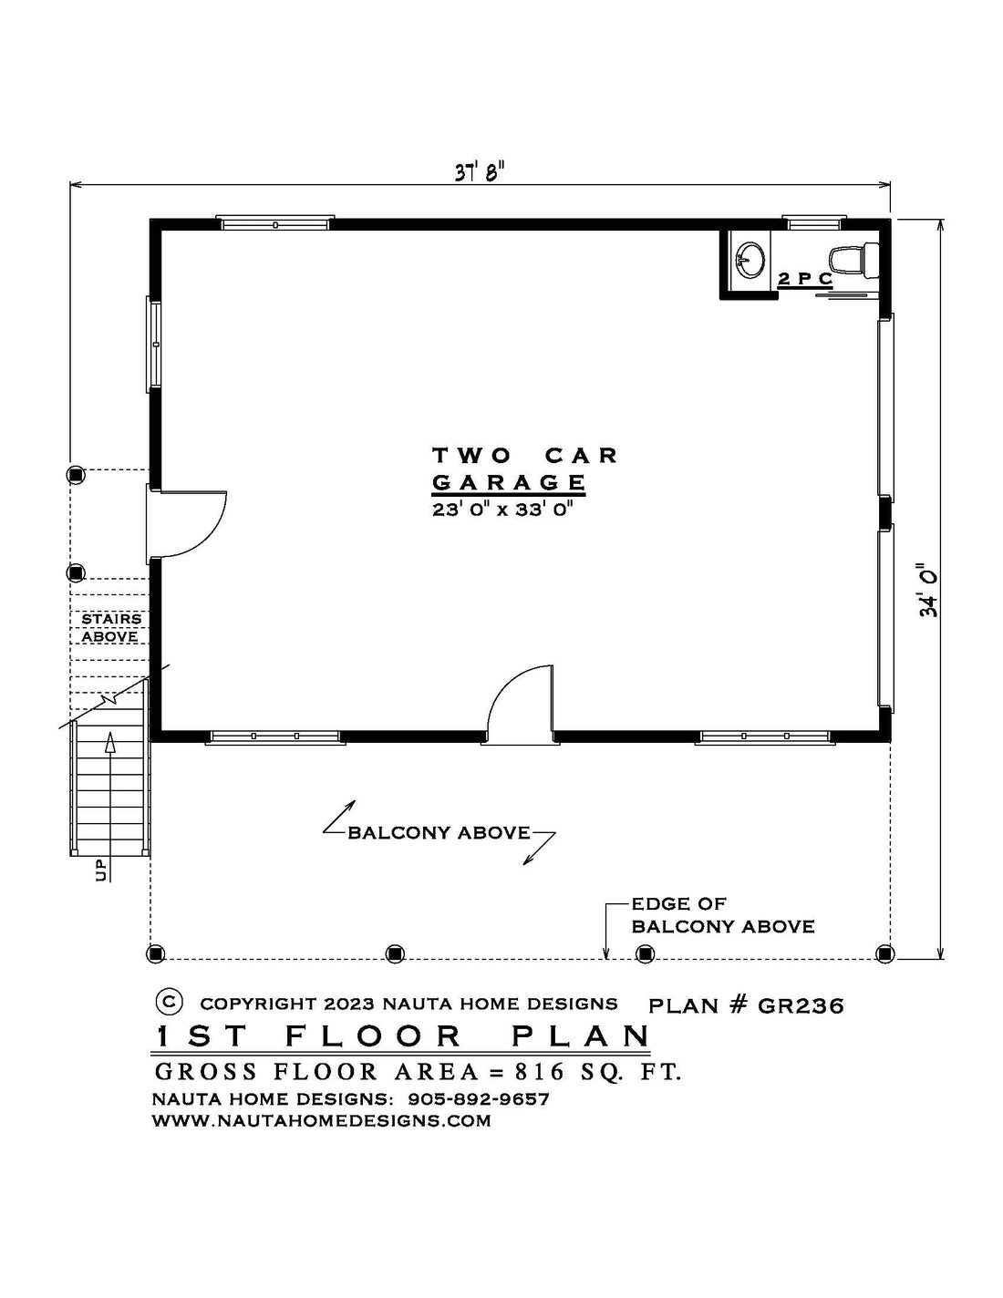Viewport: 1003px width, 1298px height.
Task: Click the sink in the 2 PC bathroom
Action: (750, 260)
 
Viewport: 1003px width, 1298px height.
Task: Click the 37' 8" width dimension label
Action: (480, 173)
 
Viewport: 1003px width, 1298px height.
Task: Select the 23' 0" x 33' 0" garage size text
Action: (503, 510)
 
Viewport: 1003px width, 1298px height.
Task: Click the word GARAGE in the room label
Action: (509, 481)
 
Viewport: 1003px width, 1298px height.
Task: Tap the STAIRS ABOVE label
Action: (110, 627)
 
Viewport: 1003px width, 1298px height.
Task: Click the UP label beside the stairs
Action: (100, 870)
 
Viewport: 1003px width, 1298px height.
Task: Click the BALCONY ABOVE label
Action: (439, 832)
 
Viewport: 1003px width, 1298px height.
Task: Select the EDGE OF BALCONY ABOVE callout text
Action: (723, 915)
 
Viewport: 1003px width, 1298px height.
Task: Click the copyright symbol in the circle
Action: (169, 1001)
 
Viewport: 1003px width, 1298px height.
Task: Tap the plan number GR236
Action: (801, 1006)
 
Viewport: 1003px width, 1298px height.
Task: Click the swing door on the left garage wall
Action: (186, 524)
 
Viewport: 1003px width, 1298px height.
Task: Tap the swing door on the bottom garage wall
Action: (521, 705)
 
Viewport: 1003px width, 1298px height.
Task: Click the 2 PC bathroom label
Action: (804, 279)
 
